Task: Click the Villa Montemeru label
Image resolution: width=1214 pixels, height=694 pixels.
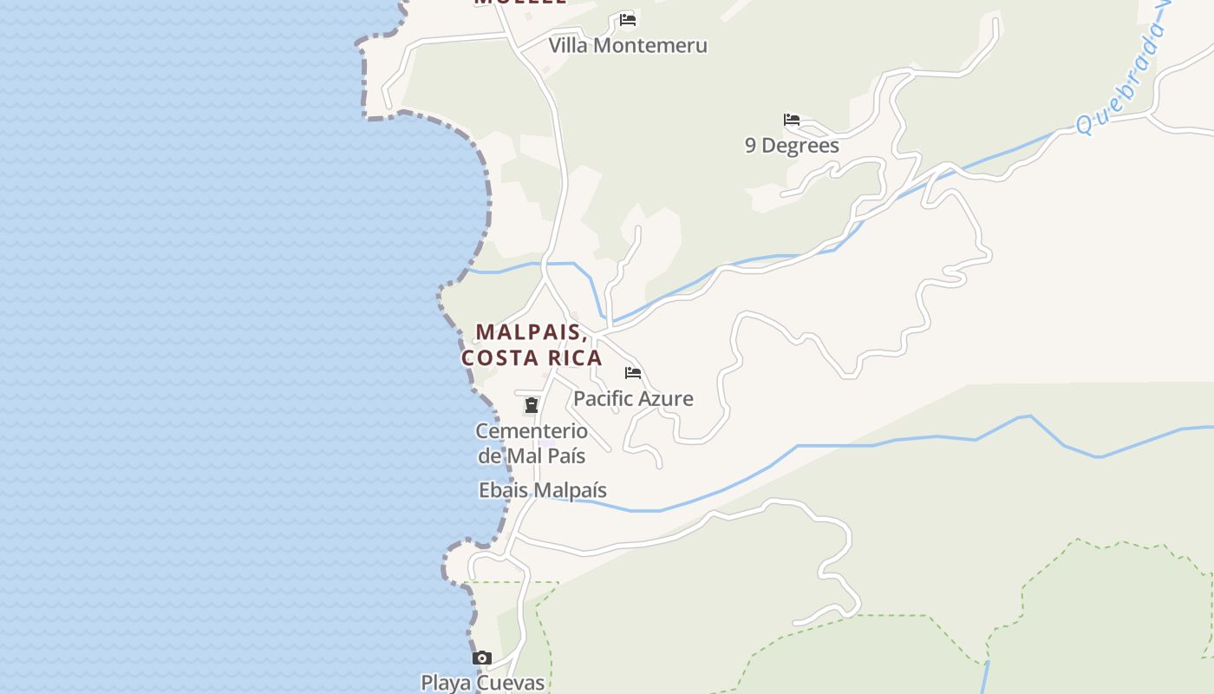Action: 628,45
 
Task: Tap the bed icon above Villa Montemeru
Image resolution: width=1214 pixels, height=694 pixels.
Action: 628,19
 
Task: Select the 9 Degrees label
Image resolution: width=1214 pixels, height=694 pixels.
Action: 792,145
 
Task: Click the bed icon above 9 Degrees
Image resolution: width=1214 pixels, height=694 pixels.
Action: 792,120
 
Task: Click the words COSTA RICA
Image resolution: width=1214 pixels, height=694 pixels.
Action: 532,358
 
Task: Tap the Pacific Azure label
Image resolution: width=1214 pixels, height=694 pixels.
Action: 633,399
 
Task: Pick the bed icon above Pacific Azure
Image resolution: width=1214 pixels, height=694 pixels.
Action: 633,373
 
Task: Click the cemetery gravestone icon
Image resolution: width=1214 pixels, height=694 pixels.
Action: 532,405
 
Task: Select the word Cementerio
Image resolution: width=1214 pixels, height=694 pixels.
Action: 532,431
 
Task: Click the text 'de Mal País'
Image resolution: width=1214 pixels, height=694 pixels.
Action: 532,455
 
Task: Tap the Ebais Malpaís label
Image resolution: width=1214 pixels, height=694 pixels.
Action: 543,490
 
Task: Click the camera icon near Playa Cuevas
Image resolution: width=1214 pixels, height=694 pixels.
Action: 482,658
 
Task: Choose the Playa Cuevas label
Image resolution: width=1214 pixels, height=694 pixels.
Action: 483,683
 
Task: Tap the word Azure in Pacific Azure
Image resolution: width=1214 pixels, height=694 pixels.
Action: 666,399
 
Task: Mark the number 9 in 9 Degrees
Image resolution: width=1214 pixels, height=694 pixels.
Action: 751,145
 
